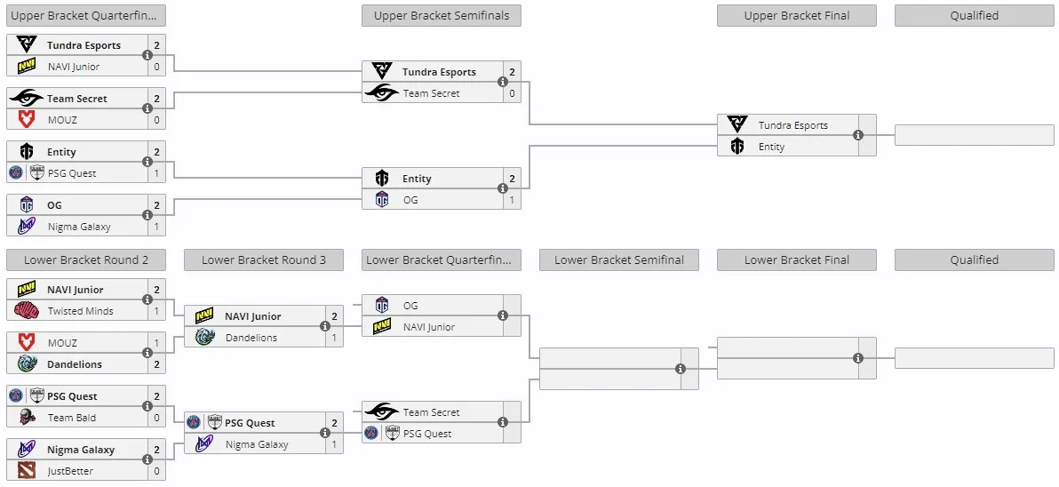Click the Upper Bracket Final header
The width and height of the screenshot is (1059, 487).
[x=797, y=15]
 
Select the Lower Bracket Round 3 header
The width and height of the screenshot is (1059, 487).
[x=263, y=260]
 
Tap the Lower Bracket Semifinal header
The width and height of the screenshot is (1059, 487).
[x=619, y=260]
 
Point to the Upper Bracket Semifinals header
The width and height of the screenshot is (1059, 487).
[x=442, y=15]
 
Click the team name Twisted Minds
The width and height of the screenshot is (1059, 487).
[x=80, y=311]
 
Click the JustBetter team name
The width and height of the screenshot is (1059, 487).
[x=70, y=471]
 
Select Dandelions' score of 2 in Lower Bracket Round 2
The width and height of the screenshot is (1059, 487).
[x=156, y=364]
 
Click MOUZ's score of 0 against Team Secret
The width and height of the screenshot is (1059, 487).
[x=156, y=120]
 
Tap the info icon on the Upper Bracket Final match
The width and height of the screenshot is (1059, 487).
[x=858, y=135]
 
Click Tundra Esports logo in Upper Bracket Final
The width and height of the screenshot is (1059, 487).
[x=737, y=124]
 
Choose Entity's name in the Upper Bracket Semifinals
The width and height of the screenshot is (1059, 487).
[x=417, y=179]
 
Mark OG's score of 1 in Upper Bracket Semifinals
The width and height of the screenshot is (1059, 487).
[x=512, y=200]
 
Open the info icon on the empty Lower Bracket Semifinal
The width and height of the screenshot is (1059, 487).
[x=681, y=369]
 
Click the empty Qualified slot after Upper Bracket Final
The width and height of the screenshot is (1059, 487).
[x=975, y=135]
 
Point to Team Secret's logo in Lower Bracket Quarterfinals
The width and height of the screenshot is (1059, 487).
[x=382, y=411]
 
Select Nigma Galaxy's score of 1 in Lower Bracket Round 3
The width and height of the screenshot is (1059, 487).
[x=334, y=444]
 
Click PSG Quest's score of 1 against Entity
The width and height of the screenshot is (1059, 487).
[x=156, y=173]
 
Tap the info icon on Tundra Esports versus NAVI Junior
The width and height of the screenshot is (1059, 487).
[x=147, y=55]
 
